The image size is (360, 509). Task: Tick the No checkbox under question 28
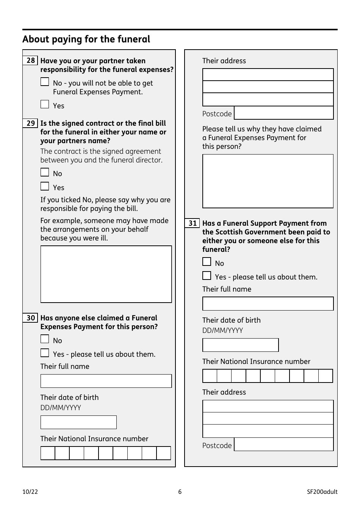[45, 82]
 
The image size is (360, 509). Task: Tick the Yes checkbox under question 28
[45, 104]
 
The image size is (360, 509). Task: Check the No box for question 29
[45, 172]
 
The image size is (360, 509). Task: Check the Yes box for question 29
[45, 186]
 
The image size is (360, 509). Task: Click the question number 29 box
[30, 123]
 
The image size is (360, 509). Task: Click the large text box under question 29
[106, 274]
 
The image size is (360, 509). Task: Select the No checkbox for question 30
[45, 339]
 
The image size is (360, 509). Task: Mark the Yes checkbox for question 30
[45, 353]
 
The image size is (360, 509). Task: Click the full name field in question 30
[106, 381]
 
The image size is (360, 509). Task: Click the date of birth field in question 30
[78, 422]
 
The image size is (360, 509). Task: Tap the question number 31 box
[193, 223]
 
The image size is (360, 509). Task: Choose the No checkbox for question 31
[207, 262]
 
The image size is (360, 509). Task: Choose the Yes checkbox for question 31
[207, 276]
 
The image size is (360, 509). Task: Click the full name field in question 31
[268, 304]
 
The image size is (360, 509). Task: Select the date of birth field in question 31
[241, 345]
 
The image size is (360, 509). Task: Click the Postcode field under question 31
[284, 445]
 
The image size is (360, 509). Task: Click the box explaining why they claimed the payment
[268, 181]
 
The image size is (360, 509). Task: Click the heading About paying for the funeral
[86, 39]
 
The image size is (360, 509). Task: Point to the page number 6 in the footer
[180, 492]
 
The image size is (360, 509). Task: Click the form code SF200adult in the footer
[322, 492]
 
